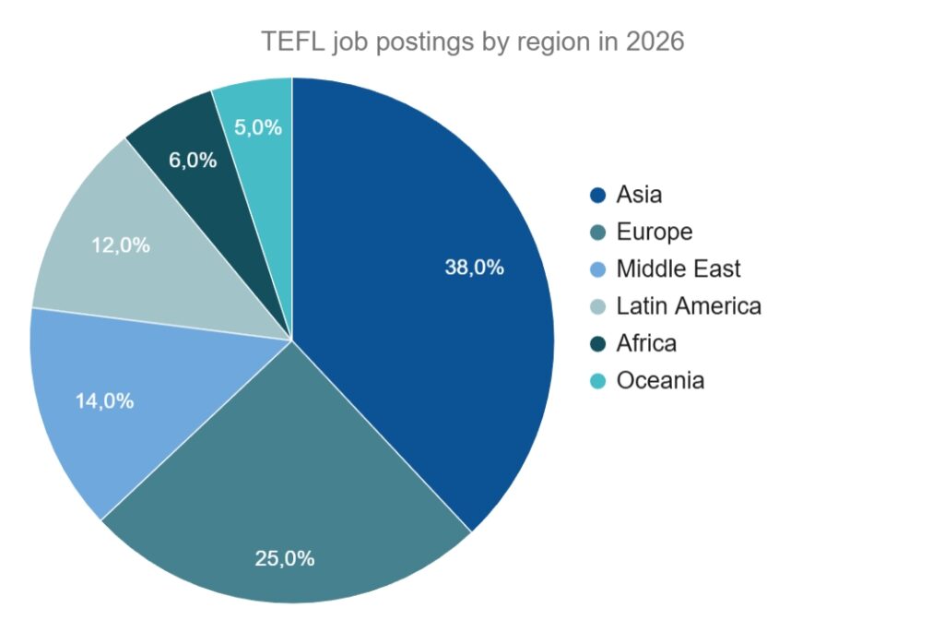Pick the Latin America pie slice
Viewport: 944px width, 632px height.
click(138, 249)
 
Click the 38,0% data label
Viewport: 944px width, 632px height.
click(474, 268)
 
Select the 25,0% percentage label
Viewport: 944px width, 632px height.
click(285, 558)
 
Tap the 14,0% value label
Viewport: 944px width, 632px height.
click(104, 401)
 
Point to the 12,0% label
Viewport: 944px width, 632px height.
click(121, 246)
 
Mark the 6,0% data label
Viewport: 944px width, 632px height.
click(193, 160)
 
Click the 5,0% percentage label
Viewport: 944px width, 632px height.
click(257, 128)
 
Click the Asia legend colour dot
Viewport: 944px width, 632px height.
click(597, 196)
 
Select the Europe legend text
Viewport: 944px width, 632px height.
click(654, 233)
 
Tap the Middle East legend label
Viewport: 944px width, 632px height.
click(678, 269)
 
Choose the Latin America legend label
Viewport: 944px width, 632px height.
click(688, 306)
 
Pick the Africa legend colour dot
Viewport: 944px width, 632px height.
click(597, 343)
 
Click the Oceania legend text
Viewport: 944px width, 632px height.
click(660, 380)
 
